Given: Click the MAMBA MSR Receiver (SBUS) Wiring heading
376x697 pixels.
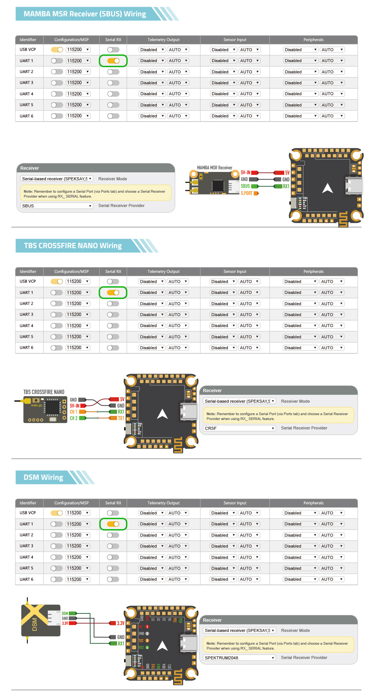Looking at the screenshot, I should tap(85, 14).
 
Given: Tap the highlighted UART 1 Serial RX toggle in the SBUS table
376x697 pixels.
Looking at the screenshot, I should tap(113, 61).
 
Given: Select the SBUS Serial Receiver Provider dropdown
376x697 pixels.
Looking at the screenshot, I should tap(56, 206).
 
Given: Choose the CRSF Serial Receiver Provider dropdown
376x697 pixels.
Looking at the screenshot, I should tap(240, 428).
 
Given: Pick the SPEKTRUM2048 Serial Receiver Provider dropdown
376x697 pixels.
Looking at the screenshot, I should tap(240, 658).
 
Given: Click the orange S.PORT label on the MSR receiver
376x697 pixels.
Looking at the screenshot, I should tap(247, 193).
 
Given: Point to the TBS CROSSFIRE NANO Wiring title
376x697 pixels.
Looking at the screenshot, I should tap(73, 246).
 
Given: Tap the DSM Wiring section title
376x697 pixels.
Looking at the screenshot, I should tap(43, 477).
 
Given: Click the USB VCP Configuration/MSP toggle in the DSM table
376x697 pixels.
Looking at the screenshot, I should tap(57, 513).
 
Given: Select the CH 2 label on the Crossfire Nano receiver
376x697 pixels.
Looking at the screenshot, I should tap(73, 418).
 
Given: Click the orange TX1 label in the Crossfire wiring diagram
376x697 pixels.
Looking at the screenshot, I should tap(121, 418).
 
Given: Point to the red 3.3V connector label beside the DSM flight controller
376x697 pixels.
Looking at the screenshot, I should tap(121, 623).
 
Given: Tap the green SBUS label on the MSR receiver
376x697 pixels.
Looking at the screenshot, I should tap(245, 186).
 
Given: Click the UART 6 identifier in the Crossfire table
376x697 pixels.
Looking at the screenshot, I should tap(26, 348).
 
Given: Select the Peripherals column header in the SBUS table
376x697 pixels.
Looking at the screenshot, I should tap(313, 40).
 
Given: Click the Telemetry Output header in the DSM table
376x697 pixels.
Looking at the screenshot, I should tap(163, 503).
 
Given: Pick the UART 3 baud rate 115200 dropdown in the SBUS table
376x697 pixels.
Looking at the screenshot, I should tap(78, 83).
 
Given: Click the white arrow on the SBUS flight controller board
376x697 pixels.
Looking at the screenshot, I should tap(327, 188).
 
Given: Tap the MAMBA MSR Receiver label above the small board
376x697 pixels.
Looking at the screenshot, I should tap(214, 167).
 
